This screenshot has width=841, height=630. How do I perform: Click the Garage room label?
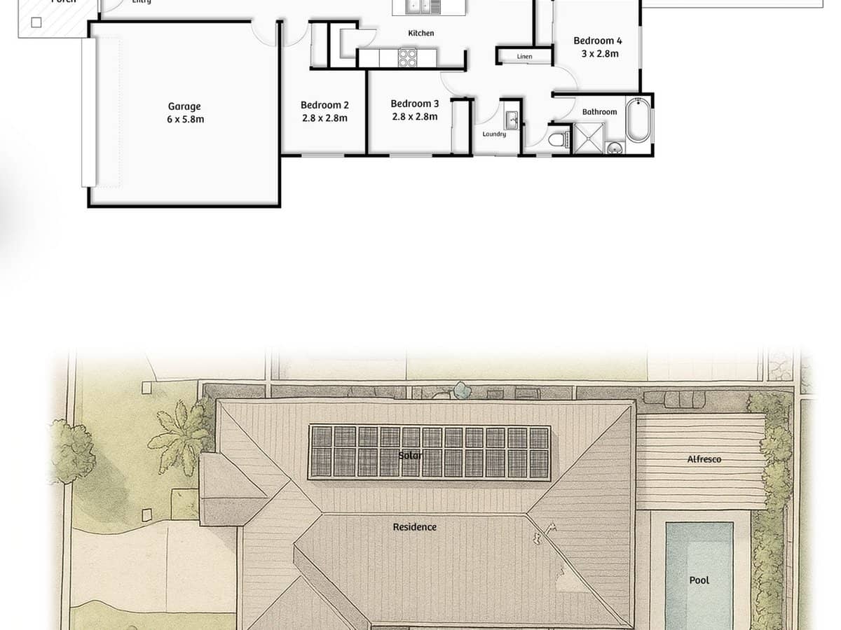click(x=184, y=106)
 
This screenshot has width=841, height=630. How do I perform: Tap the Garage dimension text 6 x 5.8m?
click(x=185, y=120)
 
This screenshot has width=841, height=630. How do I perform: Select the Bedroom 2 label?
click(x=324, y=106)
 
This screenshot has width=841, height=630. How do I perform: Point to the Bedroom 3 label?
click(x=415, y=104)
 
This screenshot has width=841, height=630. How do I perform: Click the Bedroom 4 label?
click(x=598, y=41)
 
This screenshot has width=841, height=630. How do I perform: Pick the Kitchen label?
click(x=421, y=33)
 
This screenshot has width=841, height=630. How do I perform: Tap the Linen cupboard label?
click(x=524, y=57)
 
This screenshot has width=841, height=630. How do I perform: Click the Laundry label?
click(x=494, y=134)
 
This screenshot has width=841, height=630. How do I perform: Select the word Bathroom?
click(x=599, y=112)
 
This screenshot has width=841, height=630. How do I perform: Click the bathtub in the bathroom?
click(x=638, y=122)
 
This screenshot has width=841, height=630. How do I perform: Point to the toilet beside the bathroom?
click(x=559, y=139)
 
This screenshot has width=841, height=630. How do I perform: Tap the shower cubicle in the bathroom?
click(x=588, y=137)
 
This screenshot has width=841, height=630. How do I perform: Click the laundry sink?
click(x=512, y=120)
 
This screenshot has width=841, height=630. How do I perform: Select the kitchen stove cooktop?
click(x=408, y=57)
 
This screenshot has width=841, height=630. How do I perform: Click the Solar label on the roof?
click(x=411, y=456)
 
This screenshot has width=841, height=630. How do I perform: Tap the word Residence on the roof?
click(x=414, y=527)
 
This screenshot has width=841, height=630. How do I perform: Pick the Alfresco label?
click(x=704, y=459)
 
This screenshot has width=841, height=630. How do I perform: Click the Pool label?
click(x=699, y=580)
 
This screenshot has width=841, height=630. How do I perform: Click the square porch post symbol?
click(x=36, y=22)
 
